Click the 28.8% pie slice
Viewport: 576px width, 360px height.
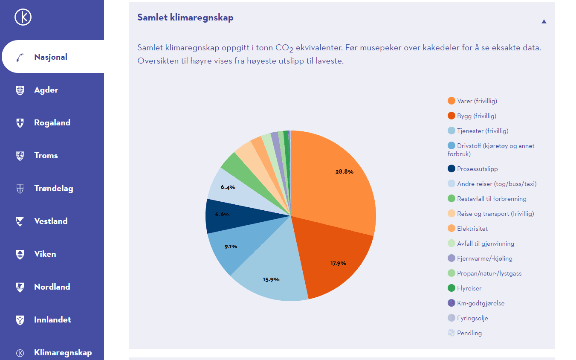click(x=337, y=179)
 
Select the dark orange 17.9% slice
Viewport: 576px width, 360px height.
click(x=333, y=256)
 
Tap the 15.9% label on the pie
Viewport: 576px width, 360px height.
click(x=271, y=279)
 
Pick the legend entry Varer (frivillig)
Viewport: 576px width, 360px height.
click(x=477, y=101)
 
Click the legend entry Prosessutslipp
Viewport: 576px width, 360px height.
click(x=477, y=169)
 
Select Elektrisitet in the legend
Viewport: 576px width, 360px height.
click(x=472, y=229)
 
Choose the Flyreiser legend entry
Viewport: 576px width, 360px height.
click(x=469, y=288)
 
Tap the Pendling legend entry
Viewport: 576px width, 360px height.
click(x=469, y=333)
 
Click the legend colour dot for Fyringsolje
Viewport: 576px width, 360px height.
click(x=452, y=318)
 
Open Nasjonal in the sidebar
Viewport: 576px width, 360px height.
click(x=51, y=57)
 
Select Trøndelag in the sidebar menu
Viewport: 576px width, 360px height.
click(x=53, y=189)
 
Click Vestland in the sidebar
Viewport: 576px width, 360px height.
click(x=51, y=221)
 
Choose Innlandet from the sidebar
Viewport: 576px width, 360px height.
click(x=52, y=320)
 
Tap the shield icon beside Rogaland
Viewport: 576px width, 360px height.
click(x=20, y=123)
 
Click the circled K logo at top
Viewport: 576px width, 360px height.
click(x=23, y=17)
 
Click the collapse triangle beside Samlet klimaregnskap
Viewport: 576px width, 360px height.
click(x=544, y=21)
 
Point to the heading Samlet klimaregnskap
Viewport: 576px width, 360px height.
click(x=185, y=17)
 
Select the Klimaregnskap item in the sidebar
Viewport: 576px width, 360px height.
click(x=63, y=353)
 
